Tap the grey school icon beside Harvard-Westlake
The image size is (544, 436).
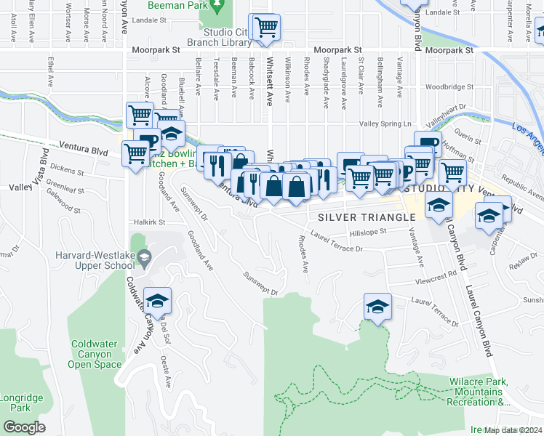(145, 257)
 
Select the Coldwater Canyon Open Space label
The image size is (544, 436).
(95, 354)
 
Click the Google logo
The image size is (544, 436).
(24, 427)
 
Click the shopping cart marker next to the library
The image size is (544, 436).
(266, 28)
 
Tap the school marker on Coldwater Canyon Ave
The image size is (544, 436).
(156, 301)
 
